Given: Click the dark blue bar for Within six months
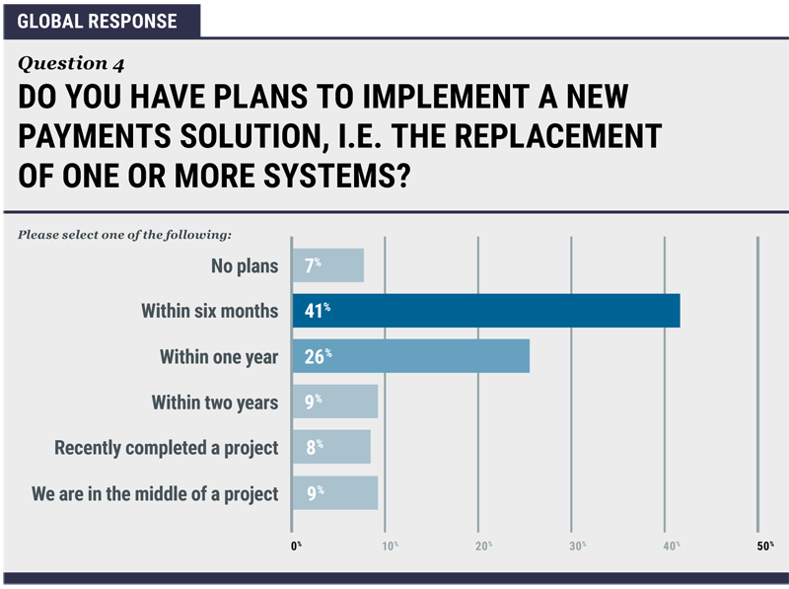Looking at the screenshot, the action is [486, 311].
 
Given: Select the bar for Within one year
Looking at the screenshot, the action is [411, 356].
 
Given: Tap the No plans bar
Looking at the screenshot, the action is [328, 265].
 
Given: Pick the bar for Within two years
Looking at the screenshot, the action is [335, 402].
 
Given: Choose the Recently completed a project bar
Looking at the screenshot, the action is [331, 447].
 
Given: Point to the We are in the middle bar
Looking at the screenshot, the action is [335, 493].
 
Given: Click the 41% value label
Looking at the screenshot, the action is [317, 310].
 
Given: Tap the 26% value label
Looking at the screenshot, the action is [318, 356].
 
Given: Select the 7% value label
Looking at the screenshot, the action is [313, 264].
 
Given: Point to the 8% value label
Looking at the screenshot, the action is [315, 446].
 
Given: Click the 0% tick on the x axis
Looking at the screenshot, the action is [296, 546].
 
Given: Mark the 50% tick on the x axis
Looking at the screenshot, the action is [765, 546].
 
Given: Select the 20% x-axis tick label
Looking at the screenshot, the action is [483, 546].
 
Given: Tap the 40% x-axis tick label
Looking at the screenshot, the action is [672, 546].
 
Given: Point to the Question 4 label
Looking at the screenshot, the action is [71, 63].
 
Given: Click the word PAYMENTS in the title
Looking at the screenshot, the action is [95, 136].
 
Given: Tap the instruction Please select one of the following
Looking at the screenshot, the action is [125, 235].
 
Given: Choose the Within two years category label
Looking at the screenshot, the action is [215, 403].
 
